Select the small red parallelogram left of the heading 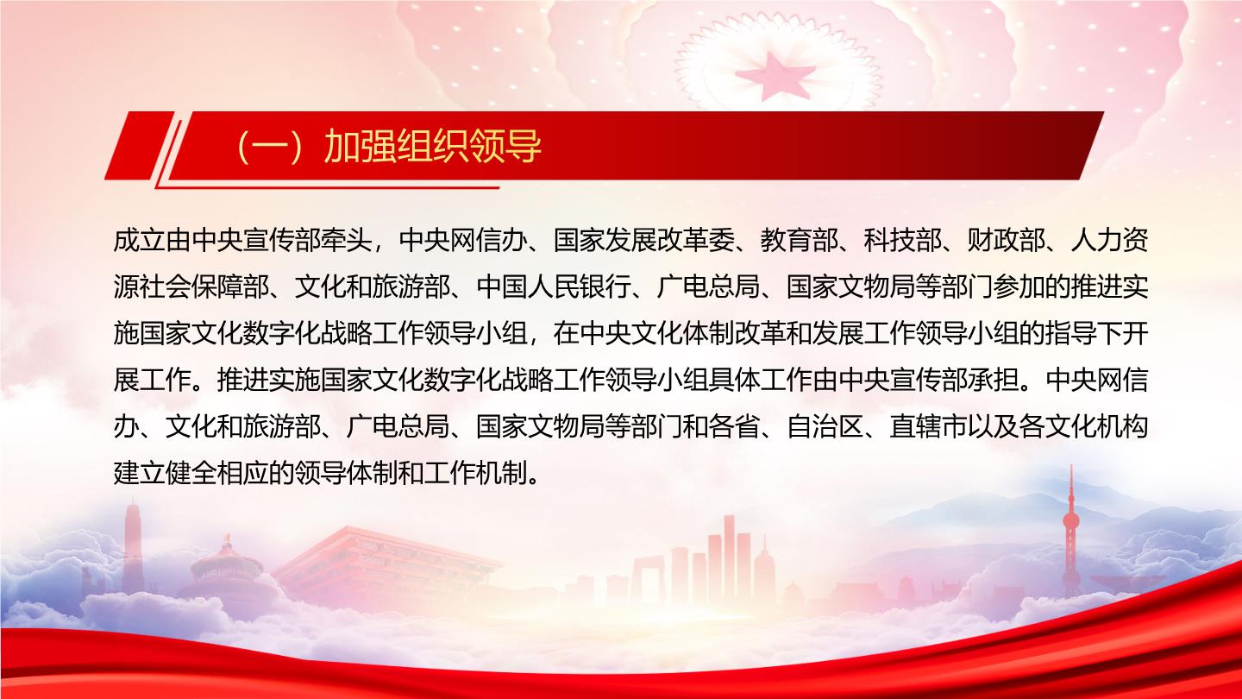(139, 145)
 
